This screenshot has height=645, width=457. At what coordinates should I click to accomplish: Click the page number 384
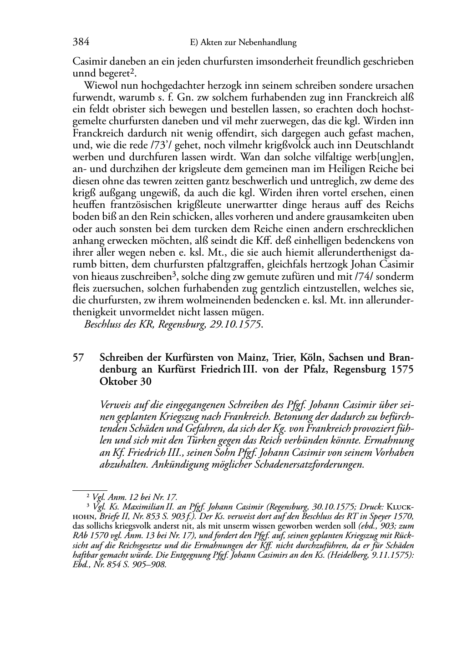pyautogui.click(x=81, y=42)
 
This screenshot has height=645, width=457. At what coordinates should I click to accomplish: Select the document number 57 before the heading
pyautogui.click(x=78, y=358)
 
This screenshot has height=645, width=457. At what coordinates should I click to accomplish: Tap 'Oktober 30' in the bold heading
pyautogui.click(x=125, y=382)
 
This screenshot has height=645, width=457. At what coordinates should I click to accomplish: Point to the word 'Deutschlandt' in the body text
pyautogui.click(x=385, y=145)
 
